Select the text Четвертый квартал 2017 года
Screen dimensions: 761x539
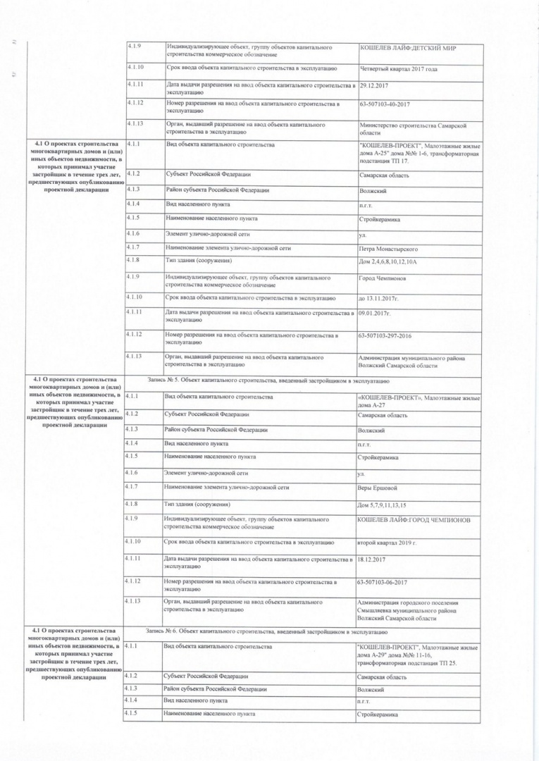(399, 69)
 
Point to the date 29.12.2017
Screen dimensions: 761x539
(375, 86)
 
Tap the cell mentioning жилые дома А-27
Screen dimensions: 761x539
(419, 402)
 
